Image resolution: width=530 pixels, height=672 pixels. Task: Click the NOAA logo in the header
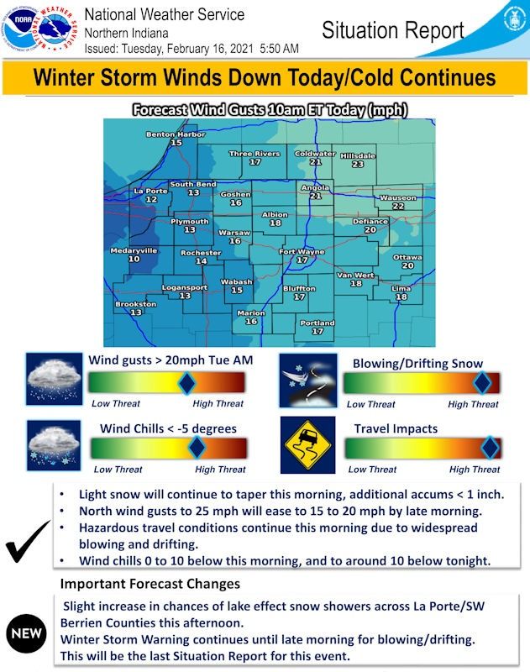pyautogui.click(x=19, y=29)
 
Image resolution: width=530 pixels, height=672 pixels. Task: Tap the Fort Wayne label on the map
pyautogui.click(x=302, y=251)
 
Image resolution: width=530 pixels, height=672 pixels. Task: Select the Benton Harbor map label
pyautogui.click(x=176, y=134)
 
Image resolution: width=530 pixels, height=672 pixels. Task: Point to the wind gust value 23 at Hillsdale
pyautogui.click(x=358, y=164)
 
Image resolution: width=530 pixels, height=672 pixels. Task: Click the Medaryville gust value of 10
pyautogui.click(x=134, y=259)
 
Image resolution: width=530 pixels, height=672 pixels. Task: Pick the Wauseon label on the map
pyautogui.click(x=398, y=197)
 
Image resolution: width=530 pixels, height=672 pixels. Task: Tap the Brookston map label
pyautogui.click(x=136, y=304)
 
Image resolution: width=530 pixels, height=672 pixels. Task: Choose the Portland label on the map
pyautogui.click(x=317, y=323)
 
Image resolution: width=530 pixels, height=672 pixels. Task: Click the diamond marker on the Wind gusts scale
pyautogui.click(x=186, y=383)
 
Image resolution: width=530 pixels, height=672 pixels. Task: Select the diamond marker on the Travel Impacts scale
pyautogui.click(x=491, y=448)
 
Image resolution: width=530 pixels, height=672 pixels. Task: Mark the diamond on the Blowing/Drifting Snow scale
pyautogui.click(x=482, y=383)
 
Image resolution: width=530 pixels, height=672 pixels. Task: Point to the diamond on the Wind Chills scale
pyautogui.click(x=197, y=447)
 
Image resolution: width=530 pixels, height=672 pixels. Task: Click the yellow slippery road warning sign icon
pyautogui.click(x=307, y=445)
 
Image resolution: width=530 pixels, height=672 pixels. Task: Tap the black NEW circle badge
pyautogui.click(x=26, y=633)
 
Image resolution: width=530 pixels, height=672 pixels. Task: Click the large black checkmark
pyautogui.click(x=27, y=542)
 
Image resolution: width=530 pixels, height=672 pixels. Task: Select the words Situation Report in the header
pyautogui.click(x=393, y=30)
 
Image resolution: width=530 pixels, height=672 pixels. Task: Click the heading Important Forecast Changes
pyautogui.click(x=150, y=584)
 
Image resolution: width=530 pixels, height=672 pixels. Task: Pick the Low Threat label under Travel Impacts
pyautogui.click(x=372, y=470)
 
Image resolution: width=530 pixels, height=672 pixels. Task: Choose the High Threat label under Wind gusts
pyautogui.click(x=218, y=403)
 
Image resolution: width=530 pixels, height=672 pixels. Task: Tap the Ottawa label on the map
pyautogui.click(x=407, y=257)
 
